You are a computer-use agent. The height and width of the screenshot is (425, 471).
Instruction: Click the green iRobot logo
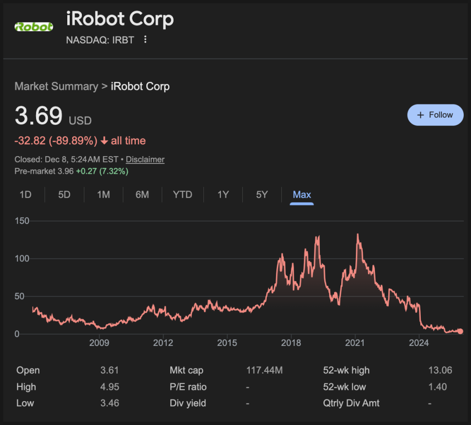(34, 27)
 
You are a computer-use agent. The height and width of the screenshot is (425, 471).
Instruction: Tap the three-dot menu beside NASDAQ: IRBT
(145, 40)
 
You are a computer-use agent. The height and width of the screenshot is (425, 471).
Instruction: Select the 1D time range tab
(25, 195)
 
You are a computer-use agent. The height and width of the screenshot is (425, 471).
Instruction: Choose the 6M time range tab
(142, 195)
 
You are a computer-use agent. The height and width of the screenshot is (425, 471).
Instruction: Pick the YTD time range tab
(182, 195)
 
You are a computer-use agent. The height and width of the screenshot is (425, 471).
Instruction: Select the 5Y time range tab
(262, 195)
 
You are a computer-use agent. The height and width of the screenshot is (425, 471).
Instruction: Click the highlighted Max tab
(302, 195)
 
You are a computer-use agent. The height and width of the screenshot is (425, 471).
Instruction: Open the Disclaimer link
(145, 160)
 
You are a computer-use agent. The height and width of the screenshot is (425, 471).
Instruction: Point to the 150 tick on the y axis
(22, 221)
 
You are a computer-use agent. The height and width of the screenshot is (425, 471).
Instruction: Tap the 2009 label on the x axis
(99, 343)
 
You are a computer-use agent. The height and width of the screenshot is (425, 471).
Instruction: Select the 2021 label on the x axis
(355, 343)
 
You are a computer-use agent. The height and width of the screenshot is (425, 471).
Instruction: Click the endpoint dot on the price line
(460, 331)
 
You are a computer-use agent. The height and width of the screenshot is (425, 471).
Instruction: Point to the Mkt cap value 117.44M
(264, 370)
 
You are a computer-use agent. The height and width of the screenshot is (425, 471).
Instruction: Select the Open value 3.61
(109, 370)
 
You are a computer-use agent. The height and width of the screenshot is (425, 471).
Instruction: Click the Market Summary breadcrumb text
(56, 86)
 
